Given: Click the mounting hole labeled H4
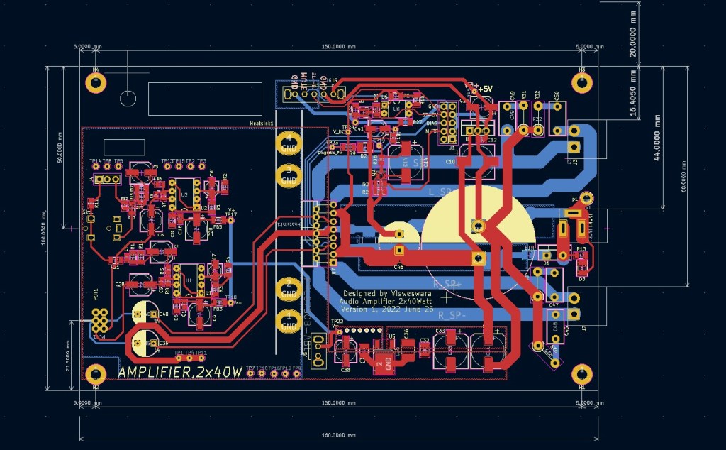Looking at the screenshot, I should (95, 83).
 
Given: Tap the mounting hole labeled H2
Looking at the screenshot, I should (95, 373).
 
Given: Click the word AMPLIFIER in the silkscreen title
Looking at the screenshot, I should (155, 373).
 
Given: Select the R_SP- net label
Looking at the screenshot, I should (452, 314).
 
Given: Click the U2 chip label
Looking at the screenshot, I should (185, 194).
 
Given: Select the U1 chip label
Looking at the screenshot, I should (189, 281).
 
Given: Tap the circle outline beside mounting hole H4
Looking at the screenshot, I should (128, 99).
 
